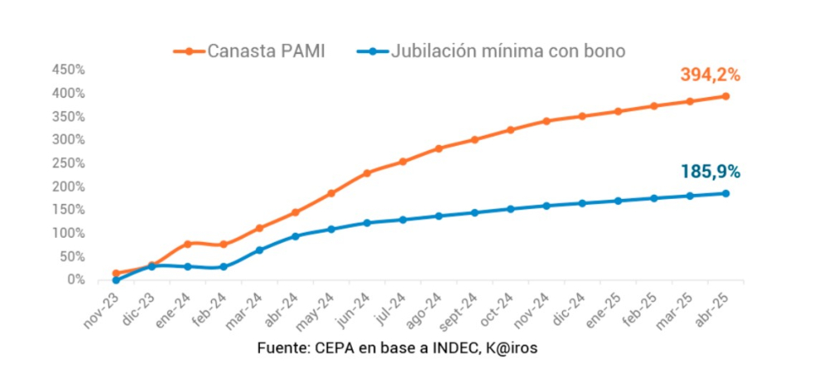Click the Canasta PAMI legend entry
(248, 51)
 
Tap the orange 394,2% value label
(710, 75)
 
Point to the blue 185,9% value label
(710, 172)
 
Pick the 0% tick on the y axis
(75, 280)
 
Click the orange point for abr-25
(725, 96)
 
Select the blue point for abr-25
(725, 194)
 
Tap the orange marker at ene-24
(187, 244)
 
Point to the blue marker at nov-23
(116, 280)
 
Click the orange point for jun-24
(367, 173)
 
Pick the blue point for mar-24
(259, 250)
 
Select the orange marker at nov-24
(546, 121)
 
